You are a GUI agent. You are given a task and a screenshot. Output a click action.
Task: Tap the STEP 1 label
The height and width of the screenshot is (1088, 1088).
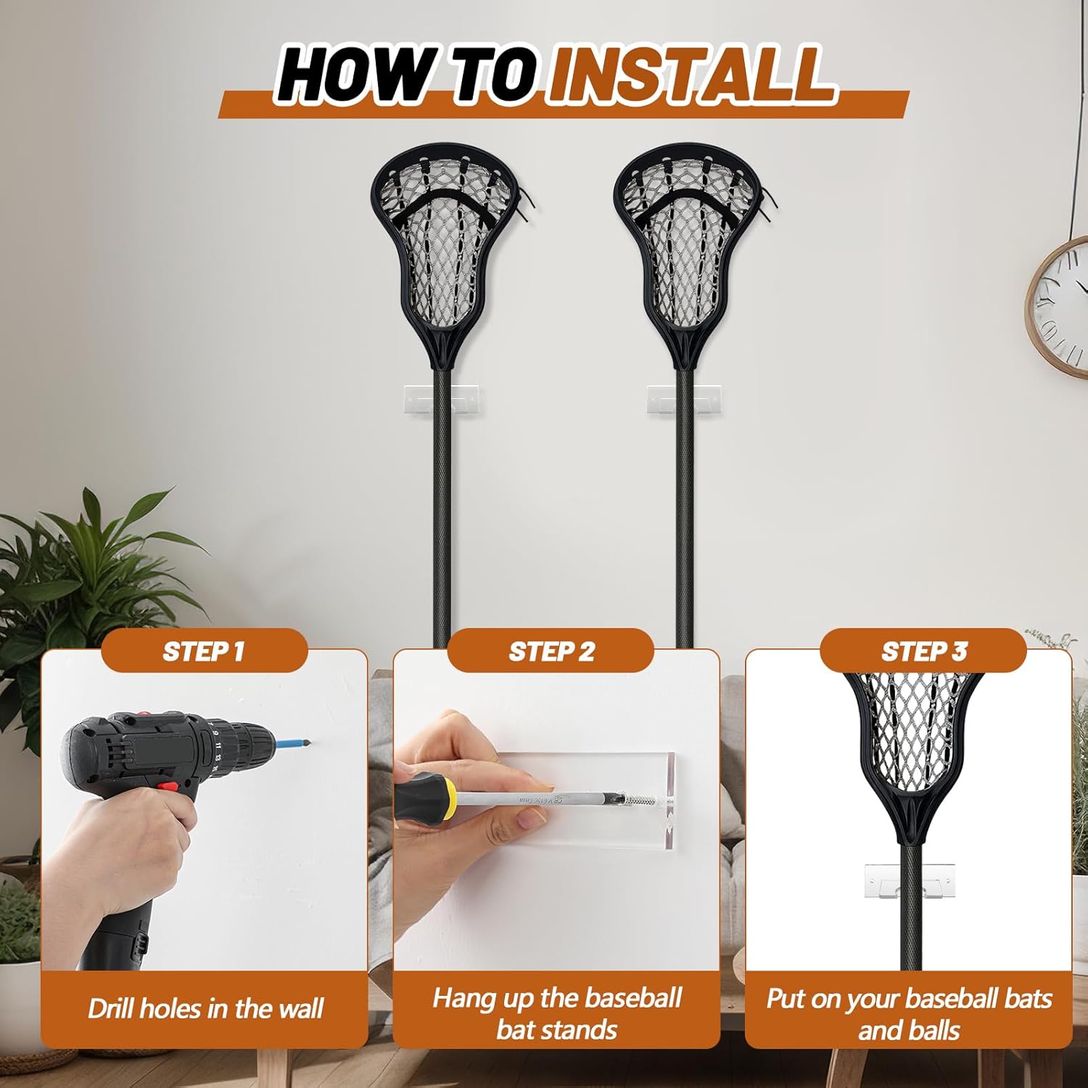click(203, 651)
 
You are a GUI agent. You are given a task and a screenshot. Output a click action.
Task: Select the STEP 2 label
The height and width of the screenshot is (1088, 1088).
click(551, 651)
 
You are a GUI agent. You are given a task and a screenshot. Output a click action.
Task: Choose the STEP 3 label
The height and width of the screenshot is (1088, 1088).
click(924, 651)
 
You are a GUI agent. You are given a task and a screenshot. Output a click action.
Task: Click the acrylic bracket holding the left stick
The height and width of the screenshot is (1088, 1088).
click(440, 400)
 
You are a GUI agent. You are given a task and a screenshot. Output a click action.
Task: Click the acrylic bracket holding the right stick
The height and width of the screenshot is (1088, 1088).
click(684, 400)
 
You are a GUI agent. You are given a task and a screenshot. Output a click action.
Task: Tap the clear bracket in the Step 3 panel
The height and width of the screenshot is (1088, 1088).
click(910, 880)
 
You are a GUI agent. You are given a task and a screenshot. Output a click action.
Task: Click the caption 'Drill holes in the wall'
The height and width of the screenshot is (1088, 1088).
click(205, 1008)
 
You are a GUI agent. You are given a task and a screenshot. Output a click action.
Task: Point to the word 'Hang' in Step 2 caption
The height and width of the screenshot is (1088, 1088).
click(464, 998)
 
